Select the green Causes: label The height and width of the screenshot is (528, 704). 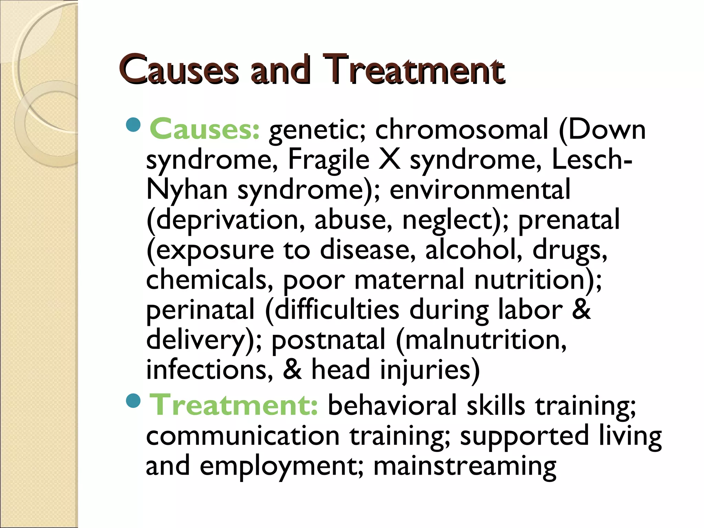(205, 130)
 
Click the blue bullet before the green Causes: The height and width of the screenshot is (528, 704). (133, 125)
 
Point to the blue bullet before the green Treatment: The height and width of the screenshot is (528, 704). (133, 400)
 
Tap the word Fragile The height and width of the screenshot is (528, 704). (328, 159)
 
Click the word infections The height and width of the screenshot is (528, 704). (210, 370)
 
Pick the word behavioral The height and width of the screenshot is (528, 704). (392, 405)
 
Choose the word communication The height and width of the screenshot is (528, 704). (243, 436)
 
